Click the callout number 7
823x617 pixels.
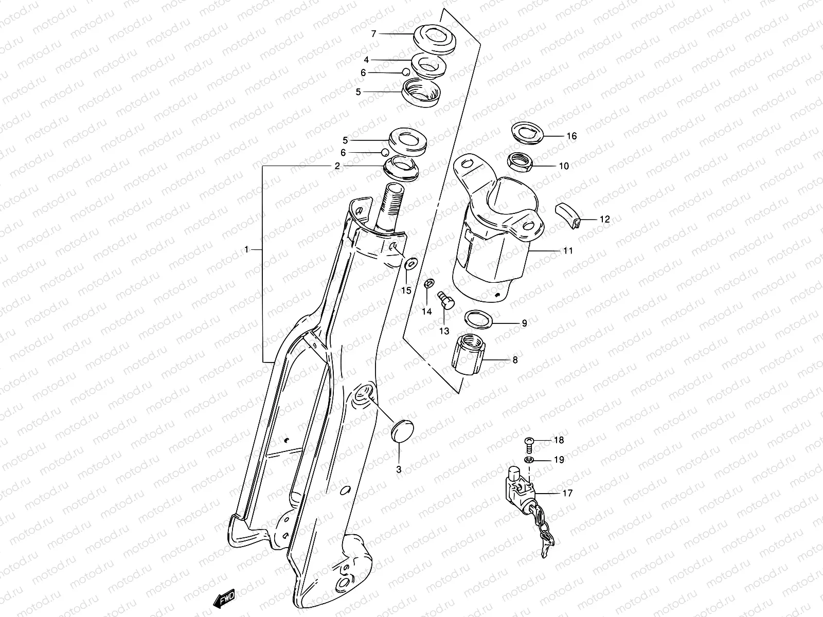374,34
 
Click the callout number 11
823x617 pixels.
568,251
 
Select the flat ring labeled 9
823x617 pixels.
478,319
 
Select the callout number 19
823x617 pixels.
559,460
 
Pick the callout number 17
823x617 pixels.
567,493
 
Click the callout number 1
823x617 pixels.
246,250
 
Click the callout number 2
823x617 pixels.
337,166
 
